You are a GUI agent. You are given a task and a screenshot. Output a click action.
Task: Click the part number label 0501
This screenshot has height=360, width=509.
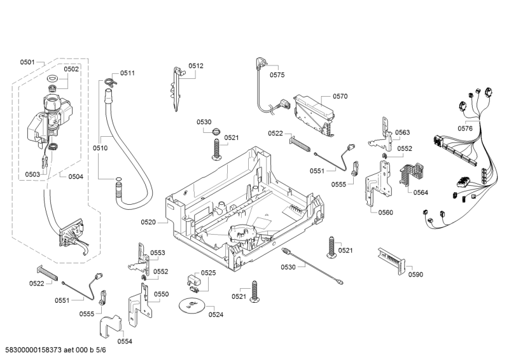27,62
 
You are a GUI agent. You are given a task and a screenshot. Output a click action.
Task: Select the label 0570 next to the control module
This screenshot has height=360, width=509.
340,97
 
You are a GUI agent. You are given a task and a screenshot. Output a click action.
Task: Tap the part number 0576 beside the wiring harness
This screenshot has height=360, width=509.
464,128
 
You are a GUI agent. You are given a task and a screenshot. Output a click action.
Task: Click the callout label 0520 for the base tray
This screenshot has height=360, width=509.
148,222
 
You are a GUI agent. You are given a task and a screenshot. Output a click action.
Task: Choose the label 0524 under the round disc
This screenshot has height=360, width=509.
216,314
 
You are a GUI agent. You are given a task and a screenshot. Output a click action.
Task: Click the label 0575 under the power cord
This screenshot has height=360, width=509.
277,75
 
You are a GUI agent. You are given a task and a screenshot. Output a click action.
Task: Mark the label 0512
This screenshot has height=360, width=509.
196,66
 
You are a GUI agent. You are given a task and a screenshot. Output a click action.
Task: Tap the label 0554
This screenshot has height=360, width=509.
125,341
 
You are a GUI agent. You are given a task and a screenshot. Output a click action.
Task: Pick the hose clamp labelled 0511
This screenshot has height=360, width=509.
109,81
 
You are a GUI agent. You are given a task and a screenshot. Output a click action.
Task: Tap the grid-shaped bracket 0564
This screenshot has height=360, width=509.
410,172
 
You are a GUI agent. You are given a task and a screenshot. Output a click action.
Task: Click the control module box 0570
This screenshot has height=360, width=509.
313,112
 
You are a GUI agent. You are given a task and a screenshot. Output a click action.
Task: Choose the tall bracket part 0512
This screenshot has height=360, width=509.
176,89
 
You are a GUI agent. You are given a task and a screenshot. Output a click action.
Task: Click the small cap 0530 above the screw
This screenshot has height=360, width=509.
216,132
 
